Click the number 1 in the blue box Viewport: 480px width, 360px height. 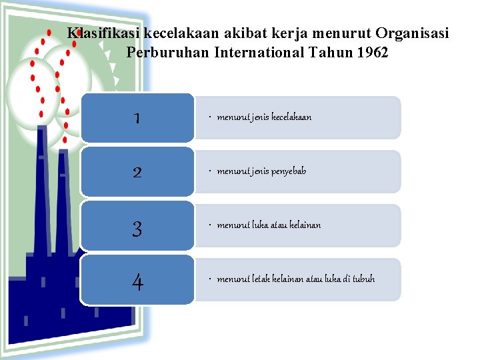(137, 118)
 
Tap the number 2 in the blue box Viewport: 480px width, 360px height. (137, 172)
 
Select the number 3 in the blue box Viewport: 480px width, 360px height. (137, 229)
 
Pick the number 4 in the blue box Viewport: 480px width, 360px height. (137, 283)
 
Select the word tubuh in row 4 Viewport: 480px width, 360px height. (363, 279)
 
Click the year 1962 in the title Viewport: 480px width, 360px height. (372, 52)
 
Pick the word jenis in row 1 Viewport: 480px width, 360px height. (259, 117)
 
